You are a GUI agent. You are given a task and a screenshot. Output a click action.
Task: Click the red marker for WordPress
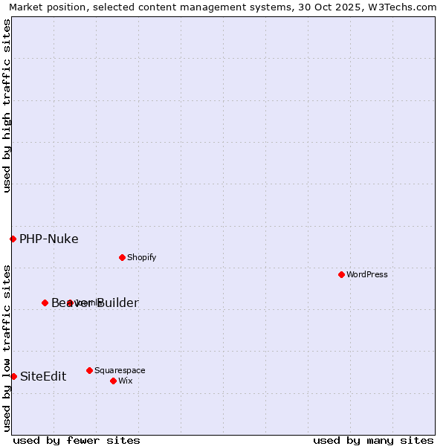click(341, 274)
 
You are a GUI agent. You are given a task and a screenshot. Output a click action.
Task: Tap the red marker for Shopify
click(122, 257)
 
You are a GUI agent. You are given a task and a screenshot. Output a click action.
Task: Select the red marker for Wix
click(113, 381)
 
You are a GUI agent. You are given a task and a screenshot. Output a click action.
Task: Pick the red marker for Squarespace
click(89, 370)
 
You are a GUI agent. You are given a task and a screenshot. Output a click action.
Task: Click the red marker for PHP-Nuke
click(13, 239)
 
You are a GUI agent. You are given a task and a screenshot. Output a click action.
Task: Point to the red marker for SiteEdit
click(13, 376)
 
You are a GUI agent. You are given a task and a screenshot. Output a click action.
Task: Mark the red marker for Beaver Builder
click(45, 303)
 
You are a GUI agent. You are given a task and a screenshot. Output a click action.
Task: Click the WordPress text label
click(367, 274)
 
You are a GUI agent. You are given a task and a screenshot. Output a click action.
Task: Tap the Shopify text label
click(141, 257)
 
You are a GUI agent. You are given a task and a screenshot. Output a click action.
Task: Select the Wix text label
click(125, 381)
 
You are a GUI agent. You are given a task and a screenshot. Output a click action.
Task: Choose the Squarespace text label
click(120, 370)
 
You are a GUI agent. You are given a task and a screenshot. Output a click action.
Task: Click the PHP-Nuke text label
click(49, 239)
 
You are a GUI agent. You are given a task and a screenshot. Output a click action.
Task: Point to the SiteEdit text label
click(43, 376)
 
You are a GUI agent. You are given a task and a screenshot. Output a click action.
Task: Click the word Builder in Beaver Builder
click(115, 303)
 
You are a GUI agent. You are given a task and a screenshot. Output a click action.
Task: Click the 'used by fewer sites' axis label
click(77, 440)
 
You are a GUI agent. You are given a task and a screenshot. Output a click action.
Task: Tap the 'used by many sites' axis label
click(373, 440)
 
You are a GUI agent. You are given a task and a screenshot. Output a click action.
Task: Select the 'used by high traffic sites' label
click(7, 106)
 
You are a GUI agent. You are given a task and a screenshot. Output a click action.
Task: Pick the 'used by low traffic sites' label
click(7, 347)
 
